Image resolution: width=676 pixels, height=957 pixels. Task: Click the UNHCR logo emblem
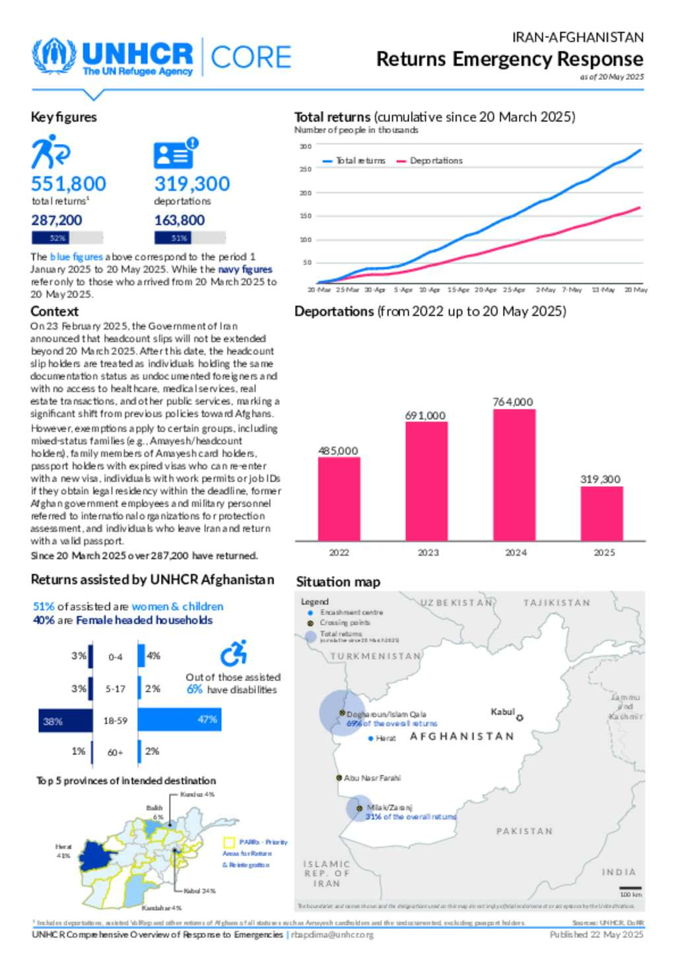(54, 57)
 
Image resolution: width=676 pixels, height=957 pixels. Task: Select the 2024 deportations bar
(514, 474)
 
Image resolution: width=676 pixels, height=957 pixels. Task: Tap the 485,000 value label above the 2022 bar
(338, 451)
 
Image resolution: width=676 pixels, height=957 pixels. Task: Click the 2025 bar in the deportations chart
(601, 513)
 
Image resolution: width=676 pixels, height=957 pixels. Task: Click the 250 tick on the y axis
(306, 169)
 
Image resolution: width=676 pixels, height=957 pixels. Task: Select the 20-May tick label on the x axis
(636, 290)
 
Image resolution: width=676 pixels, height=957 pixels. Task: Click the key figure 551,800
(69, 184)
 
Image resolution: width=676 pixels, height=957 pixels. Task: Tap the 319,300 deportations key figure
(192, 184)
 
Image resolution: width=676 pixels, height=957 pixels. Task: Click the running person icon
(50, 152)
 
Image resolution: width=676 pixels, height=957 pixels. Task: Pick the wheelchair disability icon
(234, 653)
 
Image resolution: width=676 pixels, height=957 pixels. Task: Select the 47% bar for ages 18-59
(179, 719)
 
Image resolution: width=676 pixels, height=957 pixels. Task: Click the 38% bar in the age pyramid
(65, 721)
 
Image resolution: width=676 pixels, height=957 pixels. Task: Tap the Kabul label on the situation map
(502, 711)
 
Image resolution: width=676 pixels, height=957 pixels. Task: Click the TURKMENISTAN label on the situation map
(376, 656)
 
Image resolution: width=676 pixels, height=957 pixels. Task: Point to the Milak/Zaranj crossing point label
(389, 807)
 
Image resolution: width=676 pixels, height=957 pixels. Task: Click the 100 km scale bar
(630, 888)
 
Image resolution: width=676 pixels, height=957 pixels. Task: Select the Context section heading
(54, 311)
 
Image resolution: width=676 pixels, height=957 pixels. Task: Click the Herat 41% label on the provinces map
(63, 851)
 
